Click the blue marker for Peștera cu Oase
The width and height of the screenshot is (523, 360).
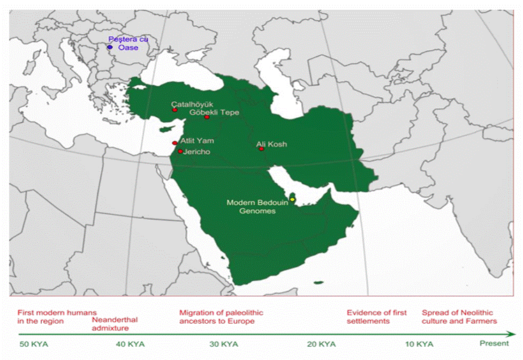109,47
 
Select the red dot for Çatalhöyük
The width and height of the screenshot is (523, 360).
175,110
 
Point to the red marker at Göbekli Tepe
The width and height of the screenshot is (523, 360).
206,117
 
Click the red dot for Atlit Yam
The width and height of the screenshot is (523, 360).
174,143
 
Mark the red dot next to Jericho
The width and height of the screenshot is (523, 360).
180,151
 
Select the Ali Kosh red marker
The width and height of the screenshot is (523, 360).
261,149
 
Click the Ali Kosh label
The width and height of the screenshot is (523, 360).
271,144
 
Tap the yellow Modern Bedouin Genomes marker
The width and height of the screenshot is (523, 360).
293,200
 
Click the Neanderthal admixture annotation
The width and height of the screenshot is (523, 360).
115,324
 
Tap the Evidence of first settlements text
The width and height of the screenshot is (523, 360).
377,317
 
